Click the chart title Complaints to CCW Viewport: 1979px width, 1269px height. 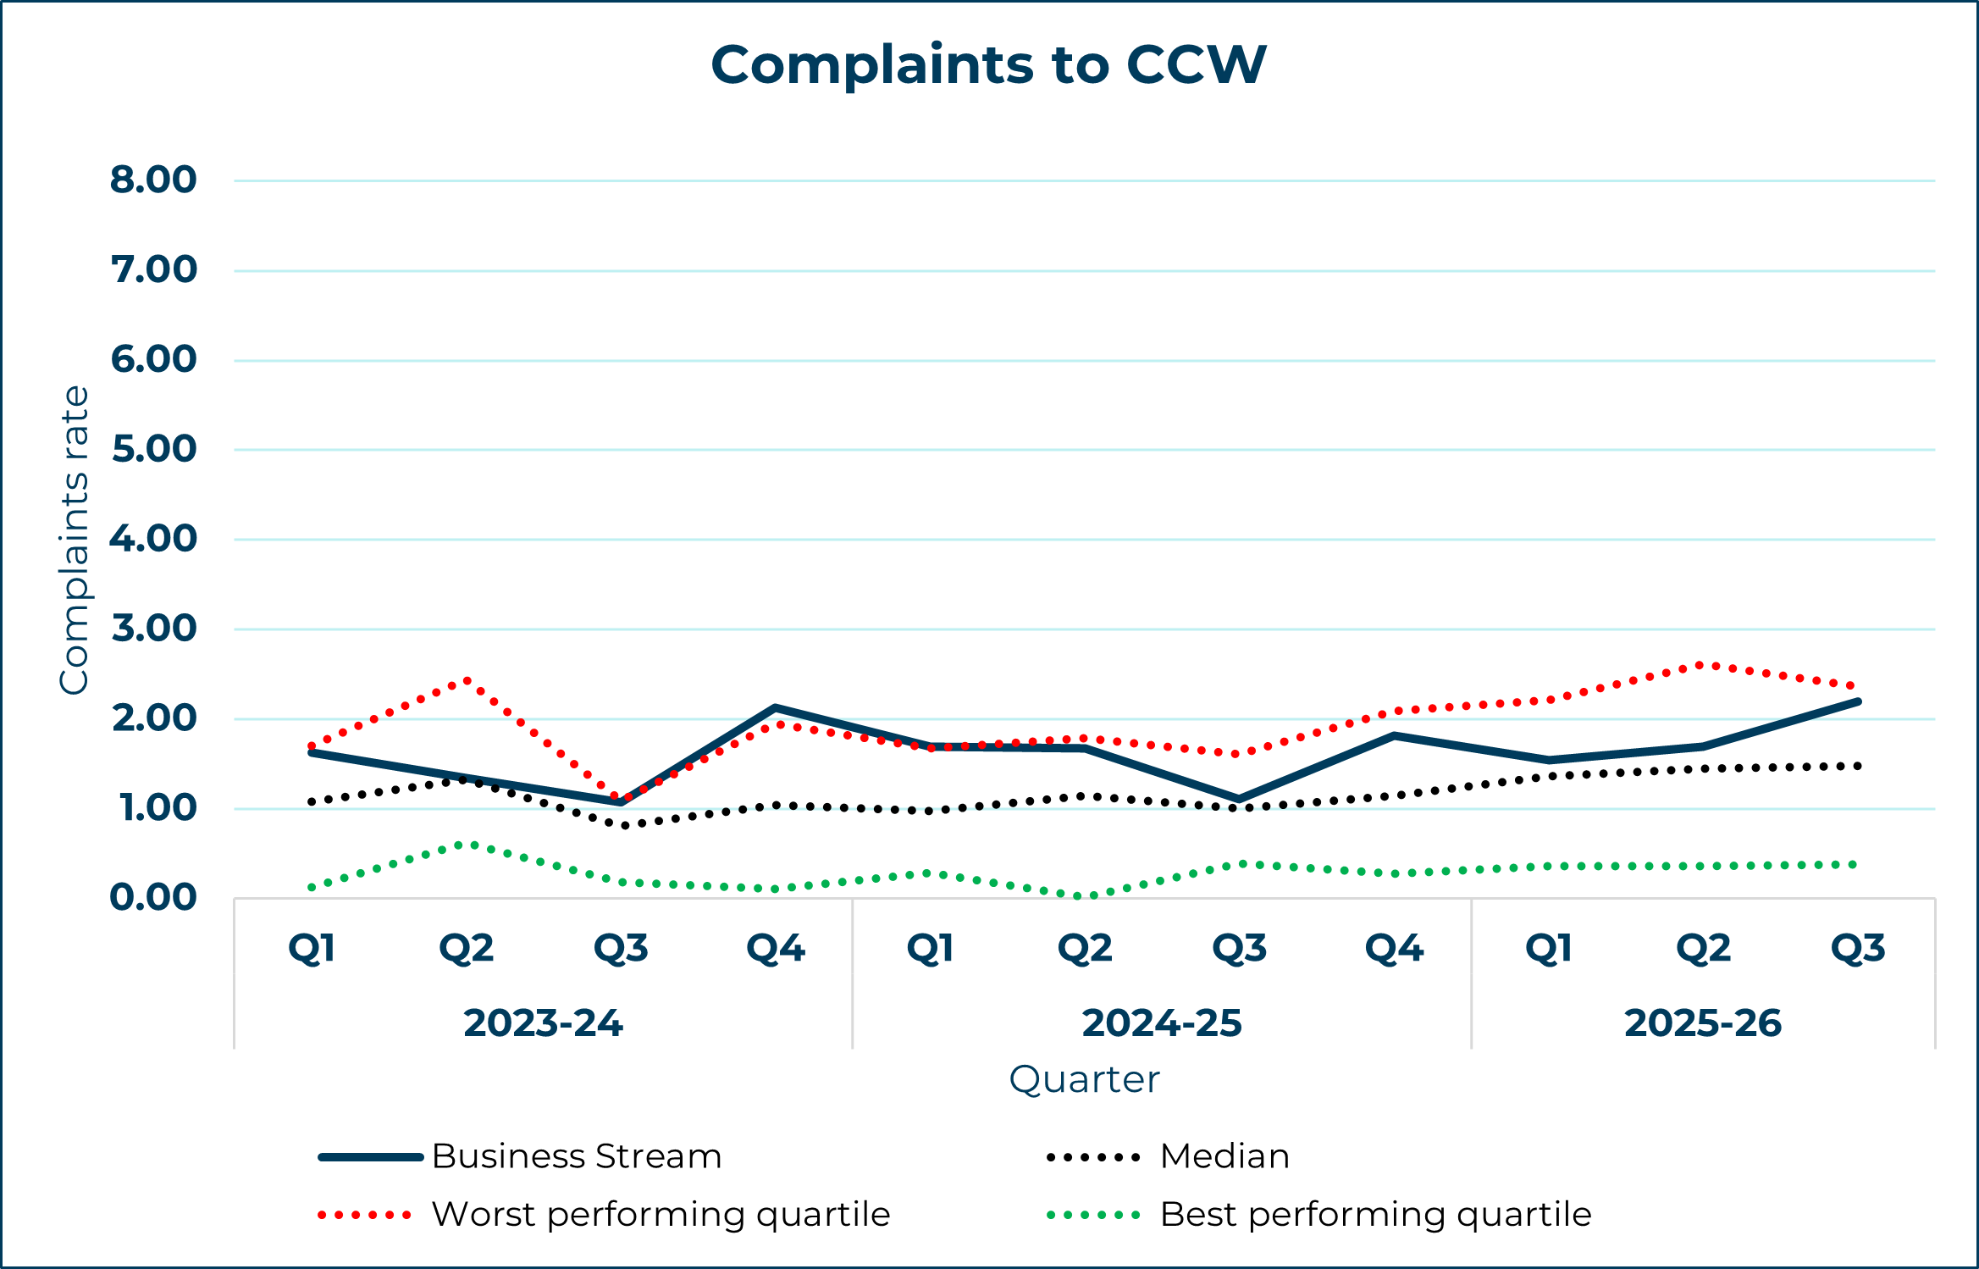[x=988, y=64]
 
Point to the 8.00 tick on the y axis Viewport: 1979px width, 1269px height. [x=153, y=180]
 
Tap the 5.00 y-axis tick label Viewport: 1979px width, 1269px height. [x=153, y=449]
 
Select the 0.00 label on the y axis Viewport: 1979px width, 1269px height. [x=153, y=897]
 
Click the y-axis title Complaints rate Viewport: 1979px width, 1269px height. [x=75, y=540]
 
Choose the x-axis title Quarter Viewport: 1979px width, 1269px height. [x=1084, y=1080]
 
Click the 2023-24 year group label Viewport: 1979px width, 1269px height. [x=543, y=1023]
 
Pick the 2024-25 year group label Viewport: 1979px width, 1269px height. [x=1162, y=1023]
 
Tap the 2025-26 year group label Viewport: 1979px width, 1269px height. [x=1703, y=1023]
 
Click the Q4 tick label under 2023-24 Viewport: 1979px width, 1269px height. [x=776, y=949]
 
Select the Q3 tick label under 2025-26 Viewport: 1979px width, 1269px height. [x=1858, y=949]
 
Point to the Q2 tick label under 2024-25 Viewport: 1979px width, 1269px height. [x=1085, y=949]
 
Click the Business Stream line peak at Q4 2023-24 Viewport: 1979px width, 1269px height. [x=776, y=707]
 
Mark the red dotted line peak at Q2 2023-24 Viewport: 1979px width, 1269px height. [x=467, y=680]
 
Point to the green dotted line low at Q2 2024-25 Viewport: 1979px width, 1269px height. [x=1085, y=895]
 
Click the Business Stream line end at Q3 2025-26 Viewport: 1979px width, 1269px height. [x=1858, y=701]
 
